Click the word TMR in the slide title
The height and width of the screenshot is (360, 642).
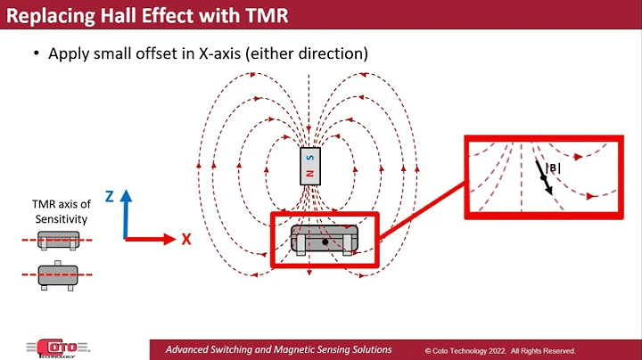pos(264,14)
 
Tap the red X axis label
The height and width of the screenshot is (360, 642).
pos(187,239)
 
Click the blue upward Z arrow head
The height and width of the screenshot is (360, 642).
pos(128,195)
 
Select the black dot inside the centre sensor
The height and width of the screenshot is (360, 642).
pos(325,241)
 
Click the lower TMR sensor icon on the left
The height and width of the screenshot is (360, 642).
pos(56,274)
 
